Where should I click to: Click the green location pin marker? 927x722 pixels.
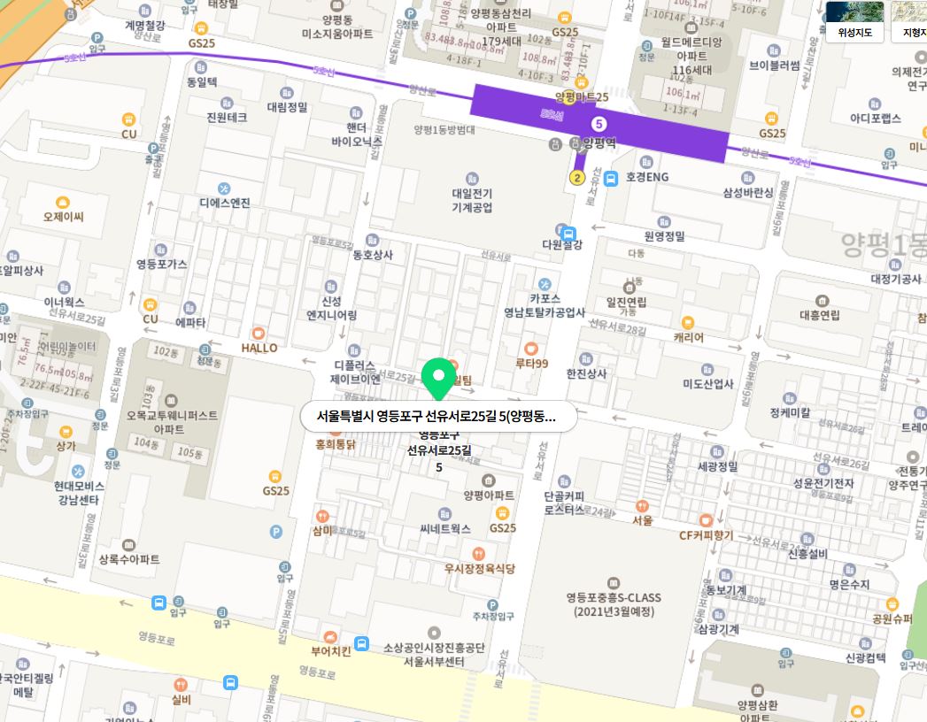(x=436, y=378)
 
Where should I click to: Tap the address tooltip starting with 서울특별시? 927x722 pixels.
(x=437, y=417)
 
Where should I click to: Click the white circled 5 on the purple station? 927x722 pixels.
(x=599, y=123)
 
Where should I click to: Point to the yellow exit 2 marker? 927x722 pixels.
(x=576, y=178)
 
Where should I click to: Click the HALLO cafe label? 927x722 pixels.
(x=259, y=347)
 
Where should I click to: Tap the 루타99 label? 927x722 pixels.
(x=532, y=363)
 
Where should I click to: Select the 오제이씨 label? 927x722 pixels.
(x=63, y=216)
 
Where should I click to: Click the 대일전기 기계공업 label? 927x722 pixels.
(x=472, y=200)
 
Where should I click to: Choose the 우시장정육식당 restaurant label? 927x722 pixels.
(x=479, y=568)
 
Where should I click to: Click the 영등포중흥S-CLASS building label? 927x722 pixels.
(x=614, y=603)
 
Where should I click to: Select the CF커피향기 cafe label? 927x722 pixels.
(x=706, y=534)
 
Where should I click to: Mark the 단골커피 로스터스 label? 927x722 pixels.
(x=564, y=503)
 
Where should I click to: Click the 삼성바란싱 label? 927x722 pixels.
(x=747, y=192)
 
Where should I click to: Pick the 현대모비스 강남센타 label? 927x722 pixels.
(x=79, y=493)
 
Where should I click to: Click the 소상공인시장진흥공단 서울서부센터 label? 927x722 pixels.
(x=434, y=654)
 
